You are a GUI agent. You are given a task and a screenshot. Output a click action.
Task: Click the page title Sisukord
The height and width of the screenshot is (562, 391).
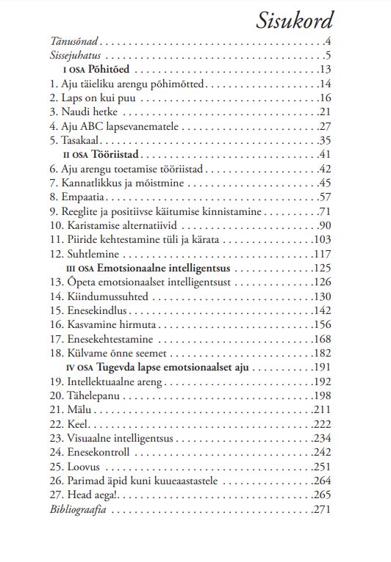click(x=295, y=20)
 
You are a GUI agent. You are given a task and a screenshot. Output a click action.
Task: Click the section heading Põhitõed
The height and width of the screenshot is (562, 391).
click(x=110, y=70)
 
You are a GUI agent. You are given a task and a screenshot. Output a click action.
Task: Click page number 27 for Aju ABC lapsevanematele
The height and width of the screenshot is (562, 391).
click(x=326, y=126)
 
